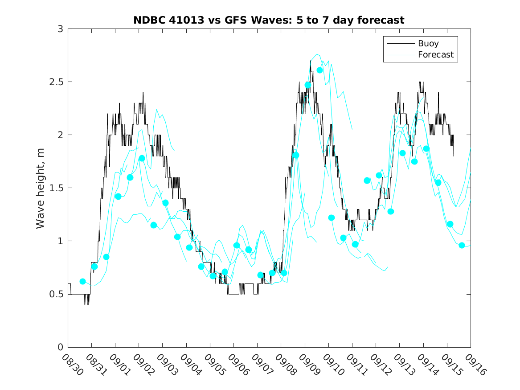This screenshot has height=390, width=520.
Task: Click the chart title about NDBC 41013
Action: (269, 21)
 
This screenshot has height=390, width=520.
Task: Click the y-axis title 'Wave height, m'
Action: (41, 188)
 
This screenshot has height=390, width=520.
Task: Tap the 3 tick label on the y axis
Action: (60, 29)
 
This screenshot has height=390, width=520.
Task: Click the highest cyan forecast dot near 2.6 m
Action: (319, 70)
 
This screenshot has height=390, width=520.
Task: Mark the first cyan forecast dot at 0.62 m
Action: (82, 281)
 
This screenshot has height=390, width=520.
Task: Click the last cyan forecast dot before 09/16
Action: (462, 245)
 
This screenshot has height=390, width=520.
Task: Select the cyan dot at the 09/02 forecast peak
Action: (142, 158)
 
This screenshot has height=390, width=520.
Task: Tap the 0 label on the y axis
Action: (60, 347)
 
